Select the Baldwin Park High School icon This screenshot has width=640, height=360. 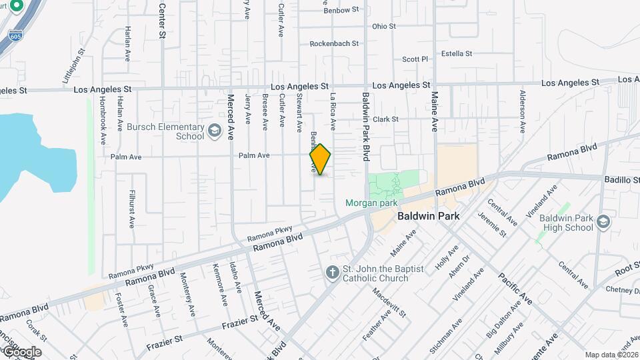point(603,221)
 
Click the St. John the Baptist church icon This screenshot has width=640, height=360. point(332,272)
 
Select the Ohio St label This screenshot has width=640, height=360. point(384,27)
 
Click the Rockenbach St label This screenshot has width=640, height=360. point(334,44)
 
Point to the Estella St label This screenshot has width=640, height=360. point(457,53)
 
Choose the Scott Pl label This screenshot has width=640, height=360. point(415,59)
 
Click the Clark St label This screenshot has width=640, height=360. point(385,119)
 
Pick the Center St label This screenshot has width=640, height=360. point(162,20)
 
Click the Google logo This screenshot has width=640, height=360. point(21,352)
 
